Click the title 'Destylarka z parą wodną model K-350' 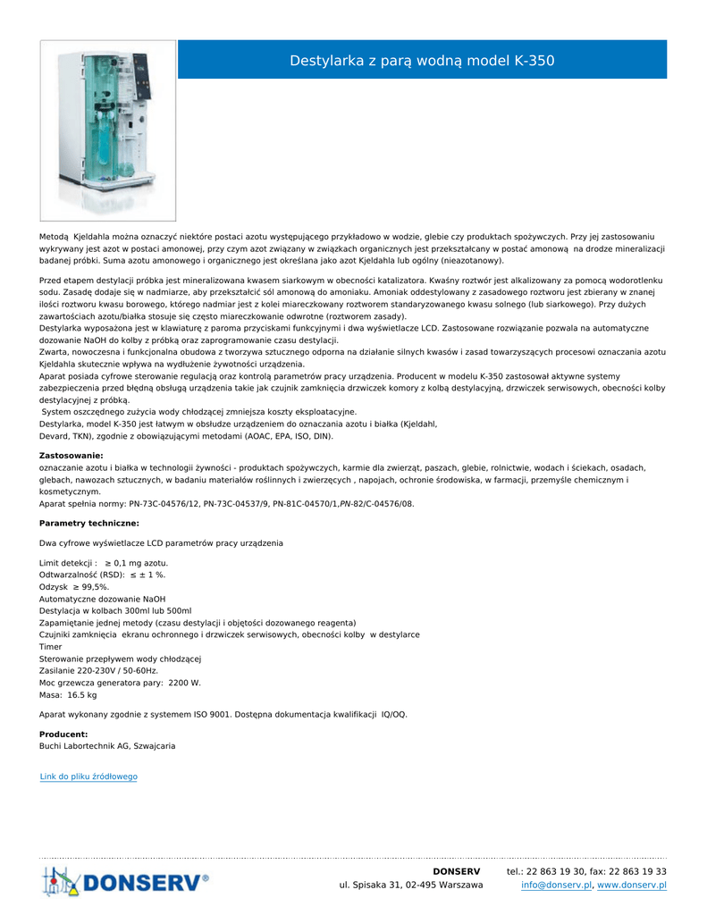[422, 61]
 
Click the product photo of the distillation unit [108, 130]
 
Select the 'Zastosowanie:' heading [72, 456]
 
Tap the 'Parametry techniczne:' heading [89, 523]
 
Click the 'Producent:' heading [63, 734]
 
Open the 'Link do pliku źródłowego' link [88, 776]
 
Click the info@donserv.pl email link [557, 885]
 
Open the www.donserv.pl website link [632, 885]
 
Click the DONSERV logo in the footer [125, 882]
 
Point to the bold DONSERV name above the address [456, 871]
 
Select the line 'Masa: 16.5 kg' [68, 694]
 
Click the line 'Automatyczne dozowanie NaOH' [103, 599]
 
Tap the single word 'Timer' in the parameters [51, 646]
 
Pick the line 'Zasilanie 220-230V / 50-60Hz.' [98, 670]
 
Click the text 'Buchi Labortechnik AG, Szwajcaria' [107, 745]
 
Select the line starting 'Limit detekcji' [104, 563]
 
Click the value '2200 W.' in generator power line [184, 683]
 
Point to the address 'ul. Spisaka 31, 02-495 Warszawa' [411, 885]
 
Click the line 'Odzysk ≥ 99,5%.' [74, 587]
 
